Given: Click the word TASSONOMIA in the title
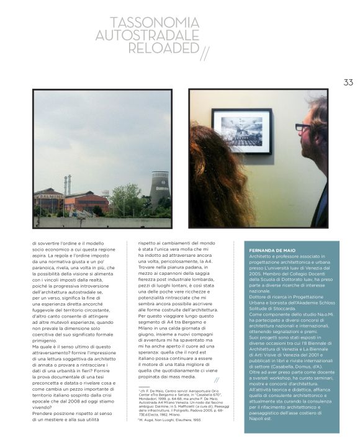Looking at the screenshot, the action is click(155, 23).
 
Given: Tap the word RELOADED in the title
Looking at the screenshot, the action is click(164, 48).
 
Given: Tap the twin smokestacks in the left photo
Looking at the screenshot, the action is click(67, 185).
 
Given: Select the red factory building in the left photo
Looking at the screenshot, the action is click(87, 202).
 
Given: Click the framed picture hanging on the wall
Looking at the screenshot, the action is click(241, 130).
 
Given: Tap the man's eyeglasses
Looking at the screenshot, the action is click(303, 127).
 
